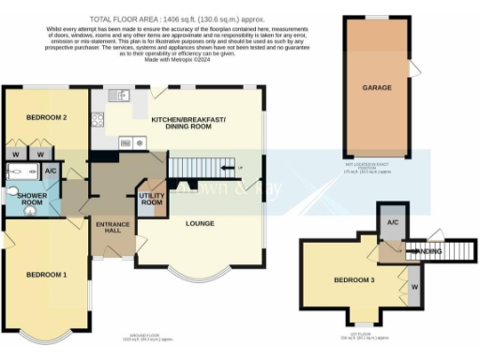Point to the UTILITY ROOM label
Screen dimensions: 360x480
152,200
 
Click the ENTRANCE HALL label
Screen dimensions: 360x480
112,230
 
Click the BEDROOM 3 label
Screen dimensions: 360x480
353,280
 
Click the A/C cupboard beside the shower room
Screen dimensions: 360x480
51,172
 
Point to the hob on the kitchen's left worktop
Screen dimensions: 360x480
97,119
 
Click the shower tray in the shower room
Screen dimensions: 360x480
21,172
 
